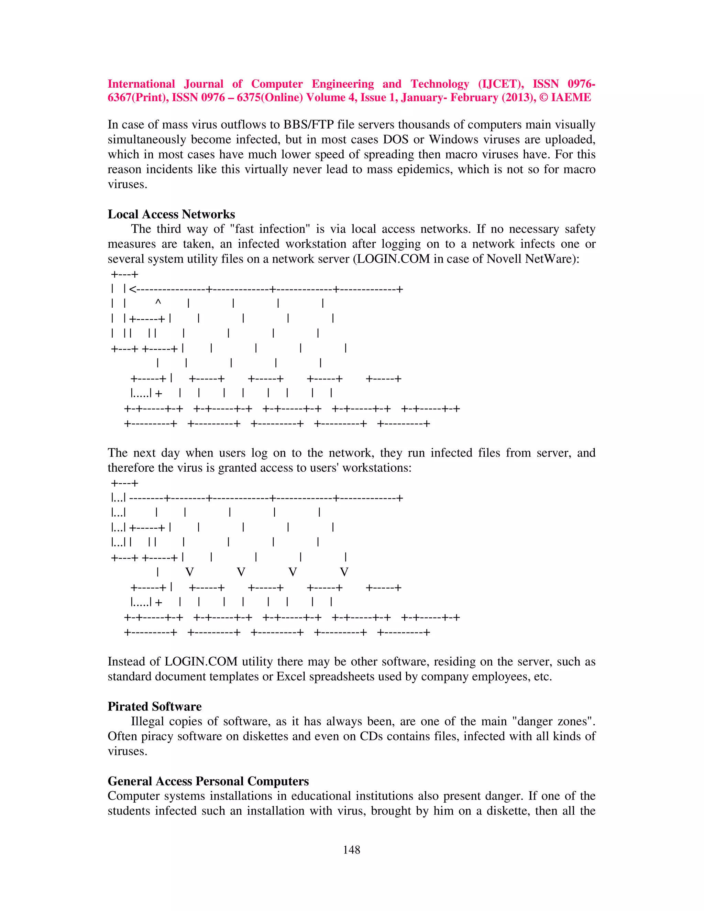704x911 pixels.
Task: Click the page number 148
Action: coord(351,850)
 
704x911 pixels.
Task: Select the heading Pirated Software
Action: coord(154,706)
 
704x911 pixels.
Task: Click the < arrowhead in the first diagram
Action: coord(133,289)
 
